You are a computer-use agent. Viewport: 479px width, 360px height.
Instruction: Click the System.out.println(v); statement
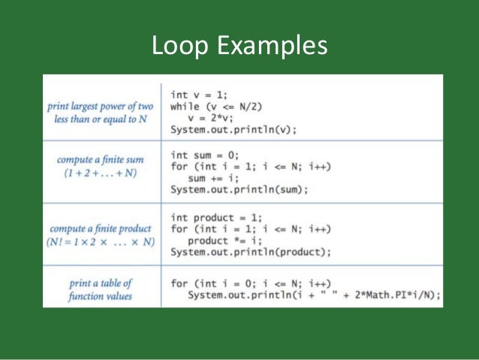(x=233, y=129)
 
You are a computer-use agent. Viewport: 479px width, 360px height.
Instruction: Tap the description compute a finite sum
(x=103, y=160)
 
